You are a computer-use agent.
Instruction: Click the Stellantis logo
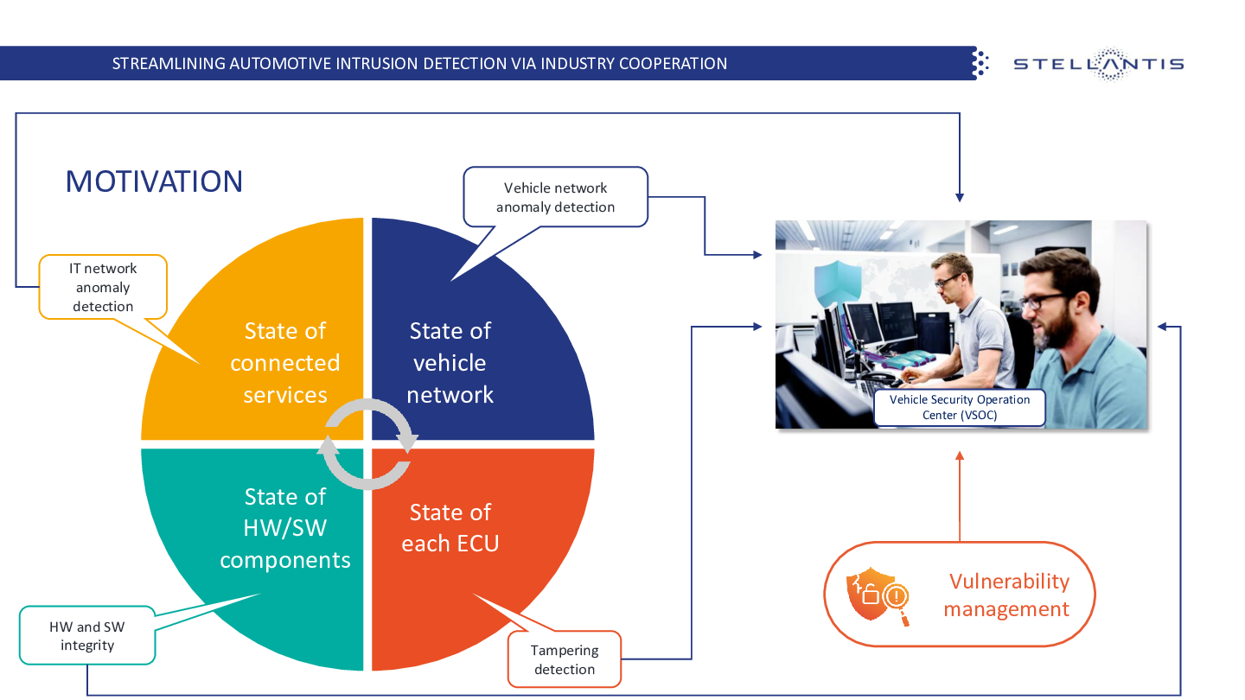(x=1098, y=64)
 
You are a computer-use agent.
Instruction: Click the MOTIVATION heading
(x=154, y=181)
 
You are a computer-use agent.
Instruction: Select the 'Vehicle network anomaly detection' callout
(x=556, y=197)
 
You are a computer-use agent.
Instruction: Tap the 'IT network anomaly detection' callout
(x=103, y=287)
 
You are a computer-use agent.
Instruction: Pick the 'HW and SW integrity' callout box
(x=87, y=636)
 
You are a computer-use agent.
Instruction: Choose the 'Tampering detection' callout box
(x=565, y=659)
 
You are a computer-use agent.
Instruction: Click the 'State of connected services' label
(x=285, y=363)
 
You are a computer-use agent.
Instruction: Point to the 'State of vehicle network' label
(x=450, y=363)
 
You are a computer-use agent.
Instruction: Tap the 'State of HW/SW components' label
(x=285, y=528)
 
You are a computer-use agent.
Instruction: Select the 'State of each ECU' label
(x=450, y=528)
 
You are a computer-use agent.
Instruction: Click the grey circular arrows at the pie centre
(x=368, y=444)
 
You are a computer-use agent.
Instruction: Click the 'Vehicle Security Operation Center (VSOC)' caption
(x=960, y=408)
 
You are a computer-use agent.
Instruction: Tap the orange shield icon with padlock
(x=875, y=595)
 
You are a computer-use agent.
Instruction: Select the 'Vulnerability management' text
(x=1007, y=595)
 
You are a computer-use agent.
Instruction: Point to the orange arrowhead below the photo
(x=960, y=455)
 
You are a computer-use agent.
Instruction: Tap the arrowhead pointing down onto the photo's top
(x=960, y=196)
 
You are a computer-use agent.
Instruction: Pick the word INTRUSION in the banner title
(x=371, y=64)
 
